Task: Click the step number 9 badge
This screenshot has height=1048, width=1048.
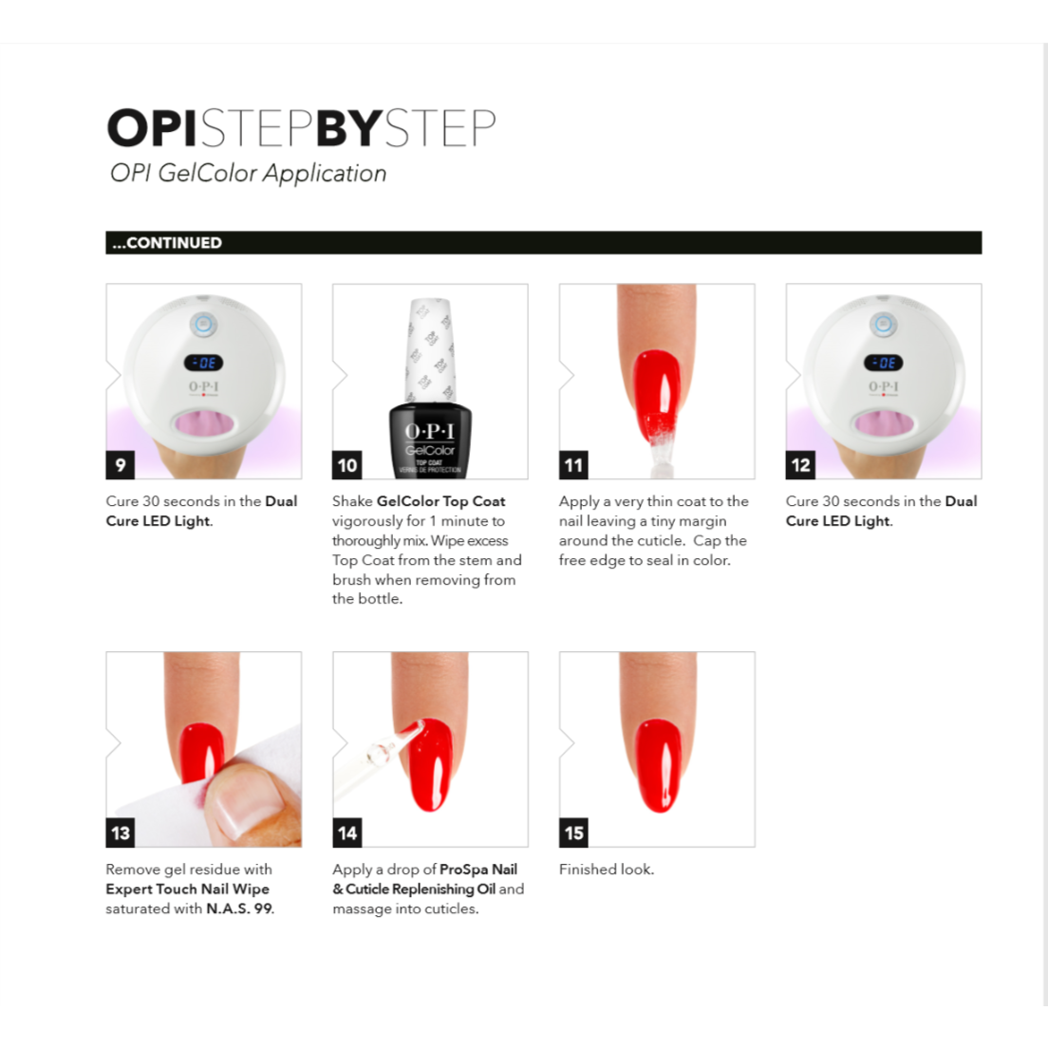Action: [120, 465]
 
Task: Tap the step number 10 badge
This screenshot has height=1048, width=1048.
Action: [347, 465]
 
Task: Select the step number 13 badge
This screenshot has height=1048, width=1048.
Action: [120, 833]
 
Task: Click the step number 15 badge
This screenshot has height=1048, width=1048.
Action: [573, 833]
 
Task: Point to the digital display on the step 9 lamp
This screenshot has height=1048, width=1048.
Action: [204, 363]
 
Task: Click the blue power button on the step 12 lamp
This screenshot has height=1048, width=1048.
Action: [884, 325]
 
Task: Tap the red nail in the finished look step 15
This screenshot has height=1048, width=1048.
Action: [658, 764]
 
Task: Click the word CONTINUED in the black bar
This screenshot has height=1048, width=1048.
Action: [174, 243]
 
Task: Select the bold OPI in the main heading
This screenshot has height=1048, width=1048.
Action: [152, 128]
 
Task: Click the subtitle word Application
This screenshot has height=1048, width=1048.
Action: [325, 174]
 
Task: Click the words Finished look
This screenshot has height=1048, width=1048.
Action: [606, 870]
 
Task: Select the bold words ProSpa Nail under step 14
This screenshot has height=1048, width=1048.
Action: [478, 870]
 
